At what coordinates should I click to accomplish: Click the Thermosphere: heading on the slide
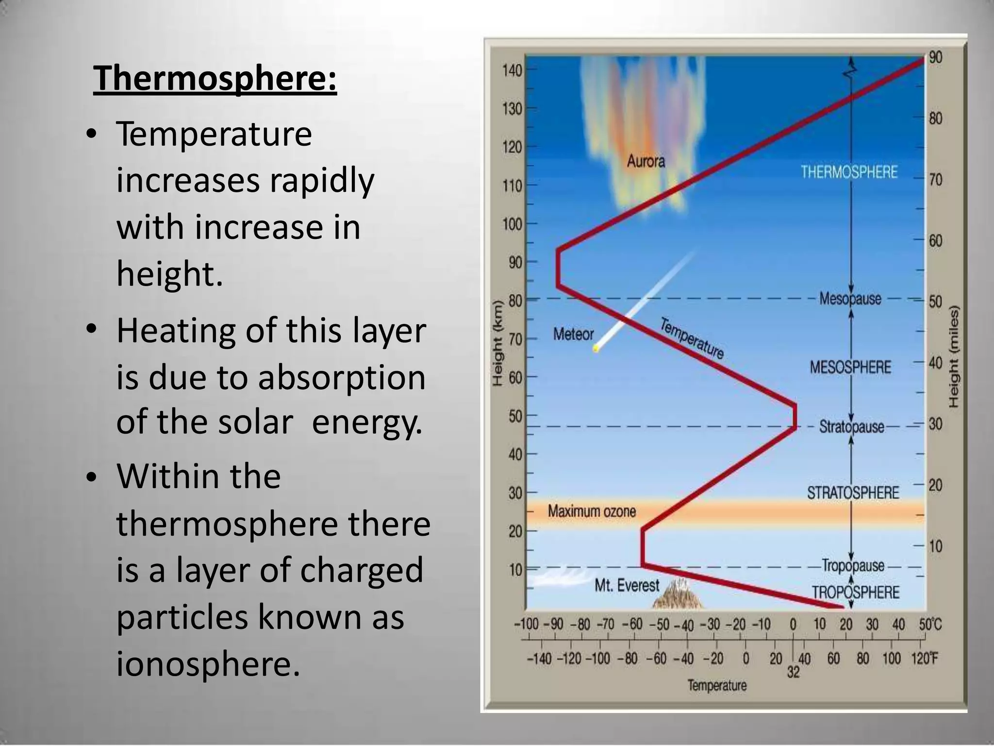[x=215, y=79]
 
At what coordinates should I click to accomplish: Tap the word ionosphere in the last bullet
[x=208, y=664]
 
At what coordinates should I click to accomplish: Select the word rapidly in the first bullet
[x=322, y=181]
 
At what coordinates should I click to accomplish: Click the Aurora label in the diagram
[x=646, y=161]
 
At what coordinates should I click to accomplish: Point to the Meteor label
[x=573, y=334]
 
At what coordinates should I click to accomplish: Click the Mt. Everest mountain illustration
[x=677, y=595]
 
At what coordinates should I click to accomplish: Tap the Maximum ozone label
[x=592, y=511]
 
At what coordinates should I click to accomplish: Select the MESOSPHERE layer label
[x=850, y=367]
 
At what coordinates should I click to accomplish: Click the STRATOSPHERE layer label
[x=853, y=493]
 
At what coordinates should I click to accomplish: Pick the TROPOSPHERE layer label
[x=856, y=593]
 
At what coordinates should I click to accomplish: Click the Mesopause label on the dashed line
[x=850, y=298]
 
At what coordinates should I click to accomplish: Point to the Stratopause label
[x=851, y=427]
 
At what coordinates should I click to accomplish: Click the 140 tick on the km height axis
[x=512, y=71]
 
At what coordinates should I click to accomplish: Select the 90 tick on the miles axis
[x=935, y=57]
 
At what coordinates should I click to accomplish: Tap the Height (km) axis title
[x=497, y=343]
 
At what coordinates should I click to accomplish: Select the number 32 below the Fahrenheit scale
[x=793, y=672]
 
